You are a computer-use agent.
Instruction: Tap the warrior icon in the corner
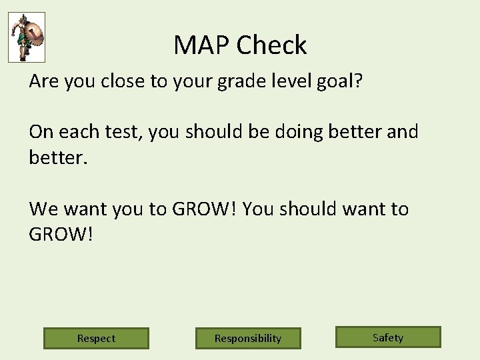coord(27,37)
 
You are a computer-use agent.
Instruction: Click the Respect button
coord(96,338)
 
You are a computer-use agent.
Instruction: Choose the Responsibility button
coord(248,338)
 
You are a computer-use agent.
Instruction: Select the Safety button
coord(388,337)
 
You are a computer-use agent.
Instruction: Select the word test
coord(123,132)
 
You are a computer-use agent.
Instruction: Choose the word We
coord(44,209)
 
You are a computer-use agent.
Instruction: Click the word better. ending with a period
coord(57,157)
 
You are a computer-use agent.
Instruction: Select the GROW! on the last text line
coord(62,235)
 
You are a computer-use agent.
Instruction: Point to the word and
coord(403,132)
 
